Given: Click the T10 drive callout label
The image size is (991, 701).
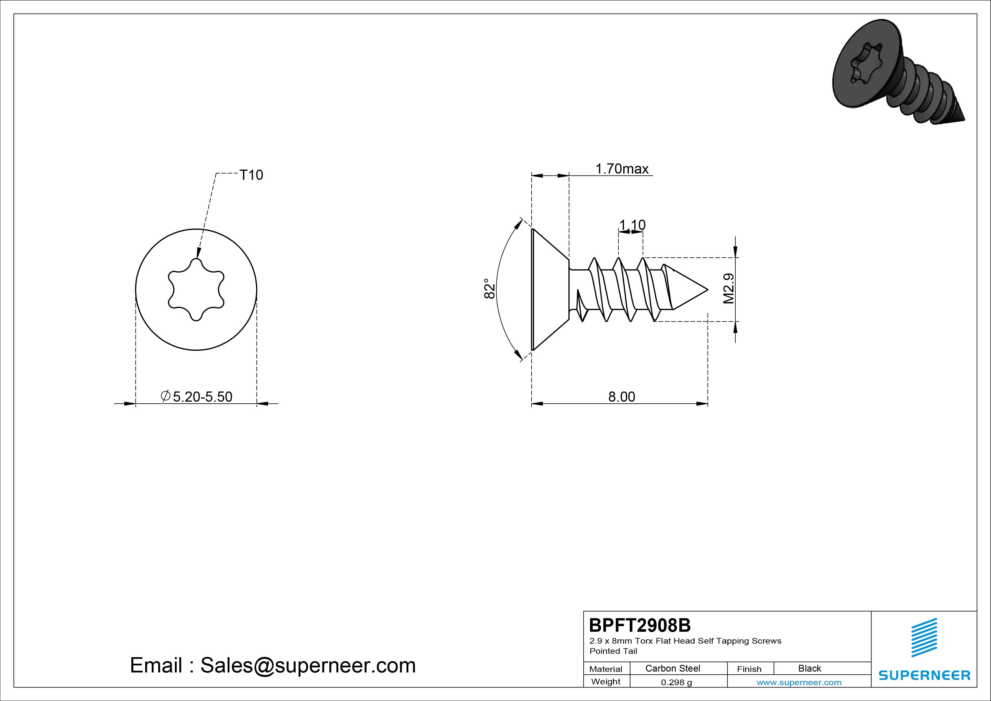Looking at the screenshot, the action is click(x=251, y=175).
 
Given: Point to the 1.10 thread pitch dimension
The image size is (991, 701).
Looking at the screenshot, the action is click(x=632, y=225).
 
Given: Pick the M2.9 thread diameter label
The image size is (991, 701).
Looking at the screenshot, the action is click(x=729, y=289).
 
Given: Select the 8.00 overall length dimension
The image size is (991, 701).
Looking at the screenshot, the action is click(x=621, y=397).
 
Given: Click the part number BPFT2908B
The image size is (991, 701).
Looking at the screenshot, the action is click(x=640, y=625).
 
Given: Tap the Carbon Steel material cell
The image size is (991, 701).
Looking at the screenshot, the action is click(x=672, y=668).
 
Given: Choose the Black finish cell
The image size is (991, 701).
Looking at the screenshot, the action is click(x=809, y=668).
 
